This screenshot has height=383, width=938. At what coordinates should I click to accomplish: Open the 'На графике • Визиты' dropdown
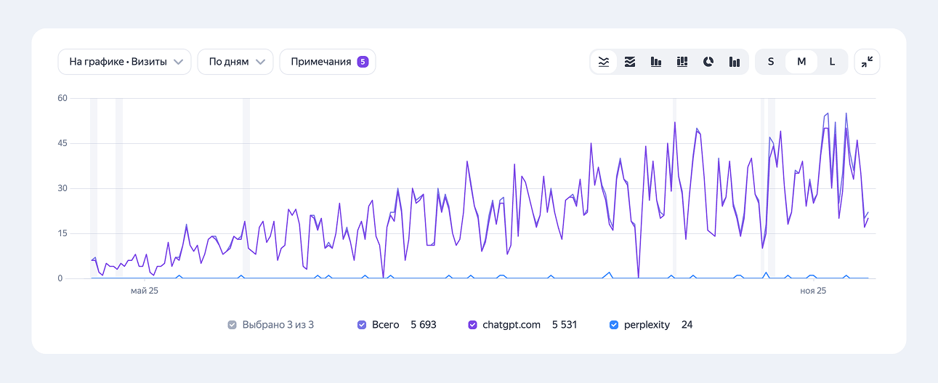[x=124, y=62]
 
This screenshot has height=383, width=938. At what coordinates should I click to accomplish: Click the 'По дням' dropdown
[x=235, y=62]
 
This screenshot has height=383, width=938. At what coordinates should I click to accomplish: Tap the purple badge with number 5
[x=363, y=62]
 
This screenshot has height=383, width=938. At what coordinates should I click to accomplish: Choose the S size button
[x=771, y=62]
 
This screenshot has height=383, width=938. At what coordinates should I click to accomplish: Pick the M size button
[x=801, y=62]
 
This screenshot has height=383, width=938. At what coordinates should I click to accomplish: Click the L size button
[x=832, y=62]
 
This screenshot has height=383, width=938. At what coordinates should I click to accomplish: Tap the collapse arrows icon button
[x=867, y=62]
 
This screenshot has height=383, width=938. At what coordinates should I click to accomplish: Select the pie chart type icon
[x=708, y=62]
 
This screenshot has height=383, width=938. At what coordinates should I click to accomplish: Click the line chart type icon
[x=604, y=62]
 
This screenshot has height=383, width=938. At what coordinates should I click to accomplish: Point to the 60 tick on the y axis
[x=62, y=98]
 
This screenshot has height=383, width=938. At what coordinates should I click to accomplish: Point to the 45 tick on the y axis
[x=62, y=143]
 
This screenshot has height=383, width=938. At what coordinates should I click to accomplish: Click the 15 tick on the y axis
[x=62, y=233]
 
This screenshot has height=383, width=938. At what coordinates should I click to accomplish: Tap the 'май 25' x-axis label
[x=144, y=291]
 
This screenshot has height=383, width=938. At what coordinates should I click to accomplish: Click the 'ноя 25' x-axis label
[x=813, y=291]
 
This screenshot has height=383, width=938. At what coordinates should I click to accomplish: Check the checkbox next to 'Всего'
[x=362, y=325]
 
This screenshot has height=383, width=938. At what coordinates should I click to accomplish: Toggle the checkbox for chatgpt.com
[x=473, y=325]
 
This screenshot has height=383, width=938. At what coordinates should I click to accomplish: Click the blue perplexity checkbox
[x=614, y=325]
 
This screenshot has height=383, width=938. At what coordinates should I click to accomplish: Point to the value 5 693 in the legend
[x=424, y=325]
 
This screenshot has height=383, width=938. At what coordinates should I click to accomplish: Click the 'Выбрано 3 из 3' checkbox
[x=232, y=325]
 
